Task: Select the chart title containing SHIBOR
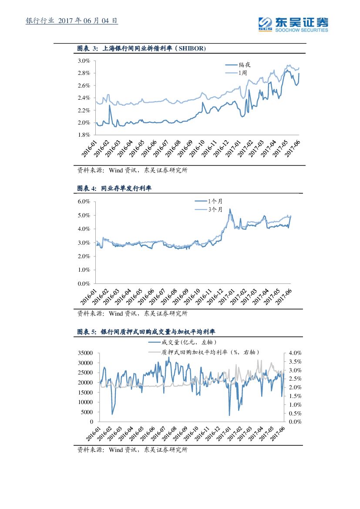point(141,48)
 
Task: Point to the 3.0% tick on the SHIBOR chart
point(84,61)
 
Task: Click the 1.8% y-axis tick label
point(84,135)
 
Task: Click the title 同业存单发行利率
point(126,189)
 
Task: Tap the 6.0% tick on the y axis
point(84,202)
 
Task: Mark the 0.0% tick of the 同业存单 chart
point(84,284)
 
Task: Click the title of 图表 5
point(147,332)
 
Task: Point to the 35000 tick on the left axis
point(85,353)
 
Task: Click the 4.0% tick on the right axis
point(295,353)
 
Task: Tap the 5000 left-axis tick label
point(87,412)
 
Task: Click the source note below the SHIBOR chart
point(132,171)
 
